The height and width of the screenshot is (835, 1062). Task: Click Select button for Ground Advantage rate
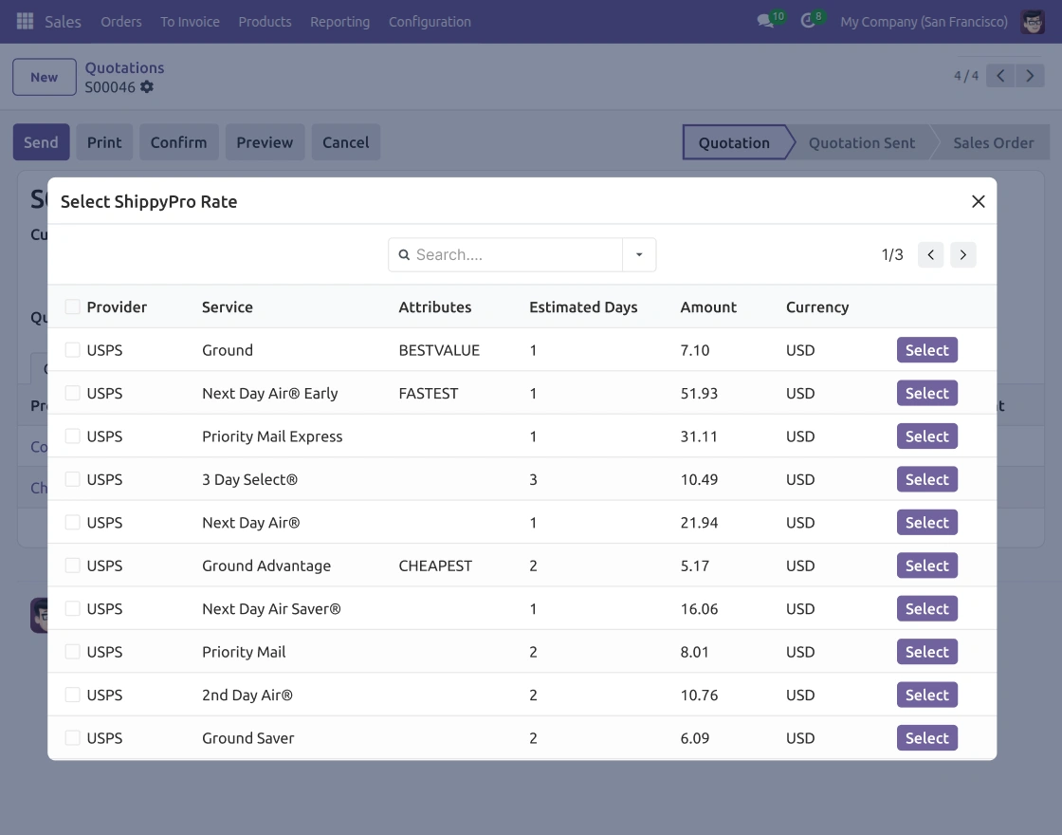[926, 566]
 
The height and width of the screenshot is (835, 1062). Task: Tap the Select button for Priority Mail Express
[926, 436]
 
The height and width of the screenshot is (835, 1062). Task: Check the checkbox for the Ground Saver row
[72, 737]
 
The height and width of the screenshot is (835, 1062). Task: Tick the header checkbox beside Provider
[72, 306]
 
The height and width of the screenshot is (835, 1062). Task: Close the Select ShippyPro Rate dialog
[978, 201]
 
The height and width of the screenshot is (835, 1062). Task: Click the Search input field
[515, 255]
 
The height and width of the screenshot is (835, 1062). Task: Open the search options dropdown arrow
[639, 255]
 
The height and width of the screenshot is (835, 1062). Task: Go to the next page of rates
[962, 255]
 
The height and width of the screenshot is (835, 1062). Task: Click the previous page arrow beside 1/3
[930, 255]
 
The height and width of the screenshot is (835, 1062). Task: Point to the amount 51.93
[699, 393]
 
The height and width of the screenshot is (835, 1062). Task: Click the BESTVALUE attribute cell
[439, 350]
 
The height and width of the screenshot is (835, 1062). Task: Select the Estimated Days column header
[583, 307]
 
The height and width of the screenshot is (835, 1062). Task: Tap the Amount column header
[708, 307]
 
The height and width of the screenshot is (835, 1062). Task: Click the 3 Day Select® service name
[250, 479]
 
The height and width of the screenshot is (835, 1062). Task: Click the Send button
[42, 142]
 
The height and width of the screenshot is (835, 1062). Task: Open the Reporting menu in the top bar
[340, 22]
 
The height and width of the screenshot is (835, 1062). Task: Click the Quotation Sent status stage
[862, 143]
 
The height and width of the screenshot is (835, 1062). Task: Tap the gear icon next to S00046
[146, 86]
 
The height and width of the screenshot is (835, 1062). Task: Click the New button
[44, 77]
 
